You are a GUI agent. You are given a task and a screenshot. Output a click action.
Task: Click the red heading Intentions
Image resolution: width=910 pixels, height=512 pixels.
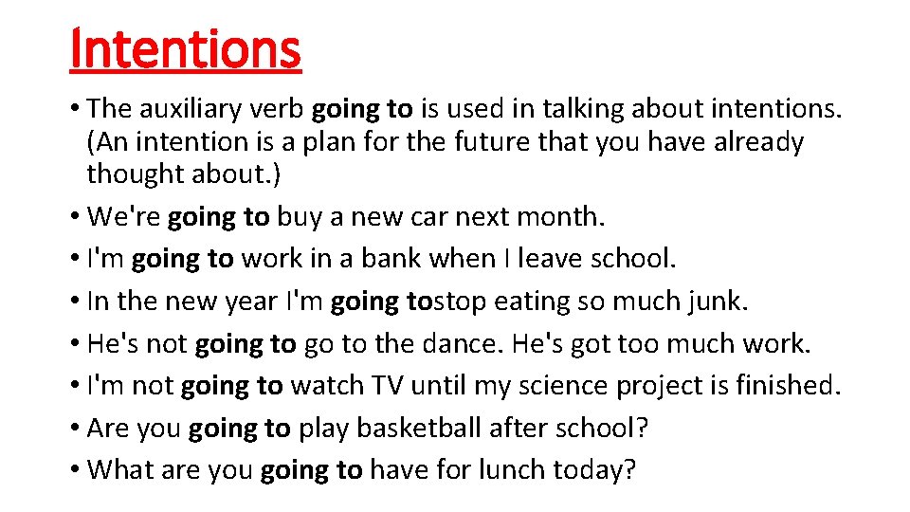186,49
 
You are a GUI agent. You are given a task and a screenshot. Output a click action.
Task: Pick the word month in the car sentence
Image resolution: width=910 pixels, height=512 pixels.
560,217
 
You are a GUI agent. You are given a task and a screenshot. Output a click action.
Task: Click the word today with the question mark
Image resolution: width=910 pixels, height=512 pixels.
600,469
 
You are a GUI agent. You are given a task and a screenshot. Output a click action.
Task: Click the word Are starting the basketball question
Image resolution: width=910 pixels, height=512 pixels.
109,428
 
